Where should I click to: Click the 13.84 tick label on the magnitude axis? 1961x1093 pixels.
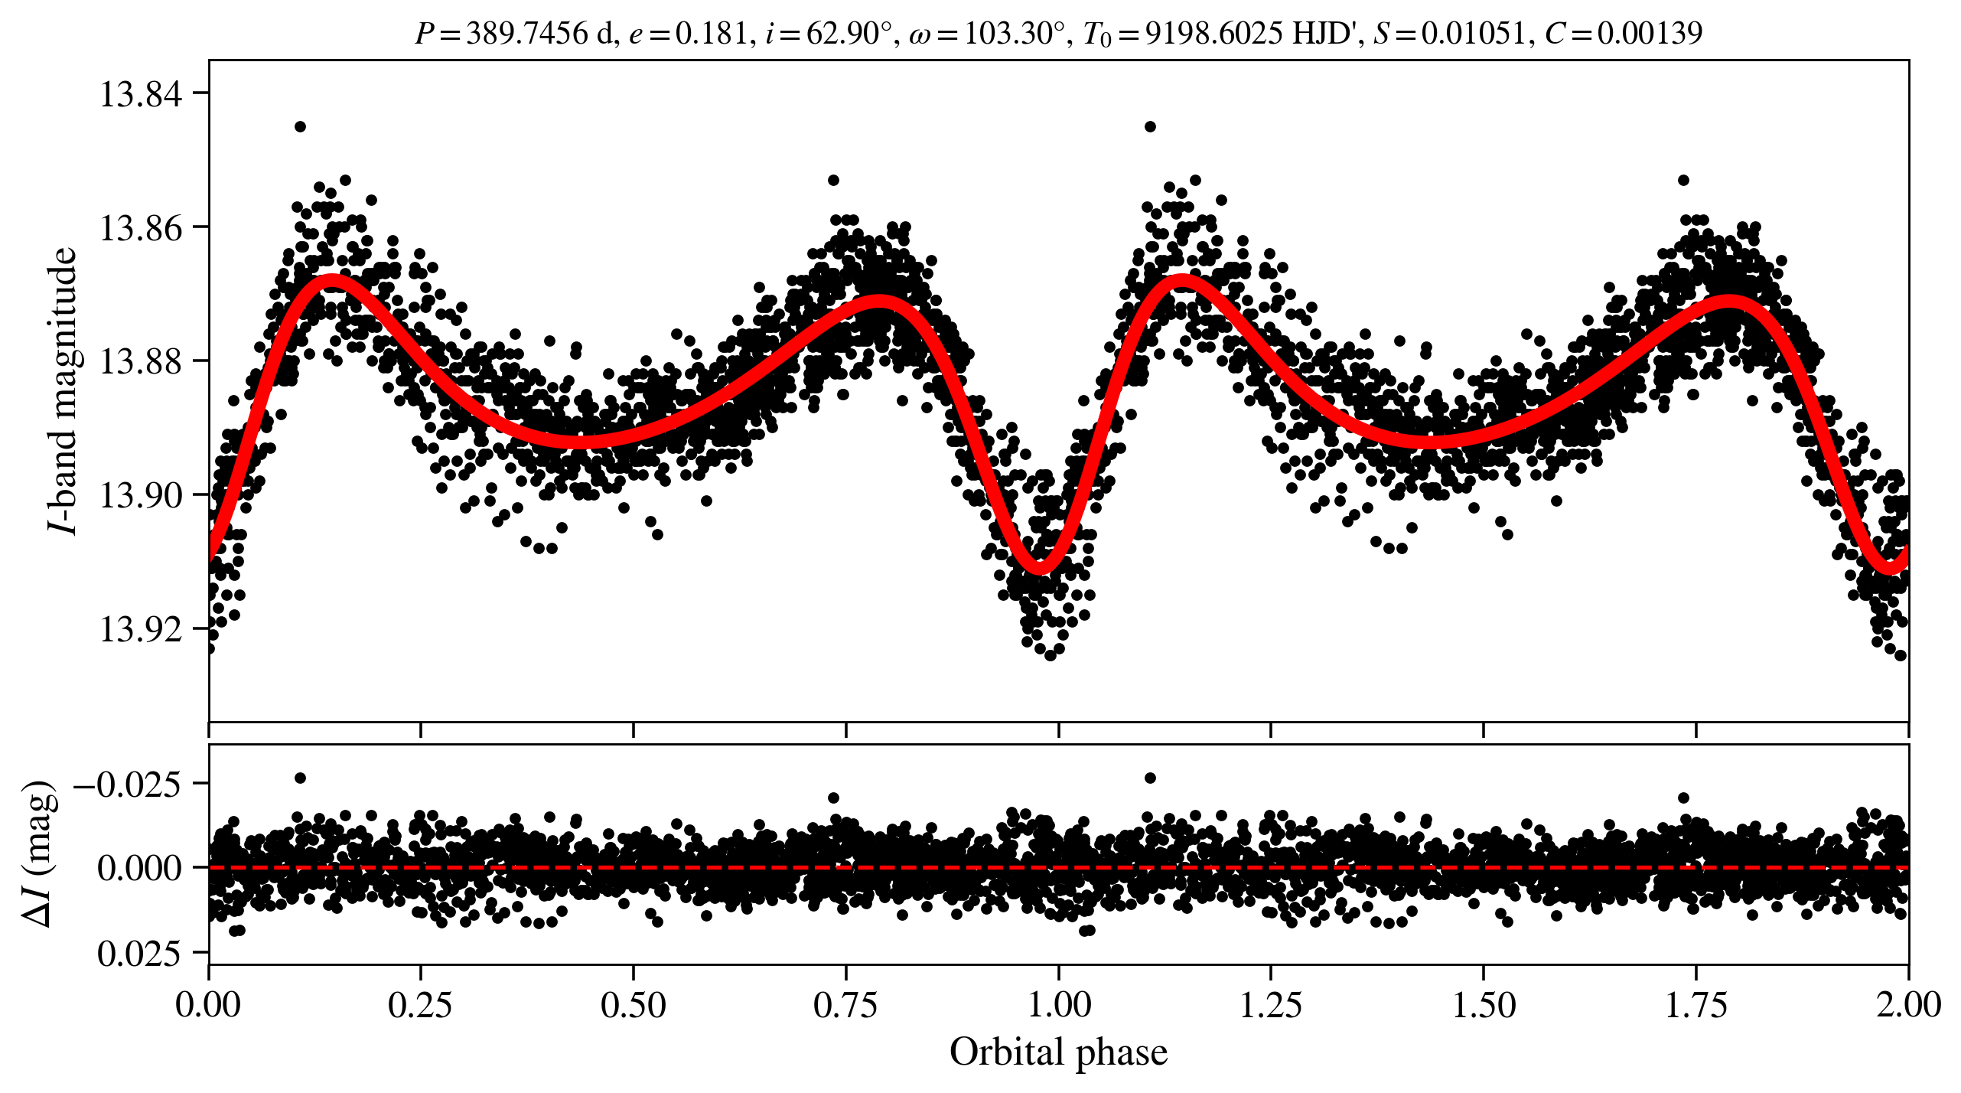pyautogui.click(x=141, y=94)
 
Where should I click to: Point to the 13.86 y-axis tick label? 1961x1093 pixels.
pyautogui.click(x=141, y=228)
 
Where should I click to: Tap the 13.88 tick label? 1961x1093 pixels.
pyautogui.click(x=141, y=361)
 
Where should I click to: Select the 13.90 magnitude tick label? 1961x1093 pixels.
pyautogui.click(x=141, y=495)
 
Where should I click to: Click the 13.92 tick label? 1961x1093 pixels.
pyautogui.click(x=141, y=629)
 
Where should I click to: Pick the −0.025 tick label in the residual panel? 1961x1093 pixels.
pyautogui.click(x=127, y=784)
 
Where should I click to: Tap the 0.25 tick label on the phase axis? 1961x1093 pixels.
pyautogui.click(x=420, y=1005)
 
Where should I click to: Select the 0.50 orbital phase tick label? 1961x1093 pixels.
pyautogui.click(x=633, y=1005)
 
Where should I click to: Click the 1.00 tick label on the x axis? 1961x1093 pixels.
pyautogui.click(x=1058, y=1005)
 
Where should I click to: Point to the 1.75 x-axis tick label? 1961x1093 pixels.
pyautogui.click(x=1696, y=1005)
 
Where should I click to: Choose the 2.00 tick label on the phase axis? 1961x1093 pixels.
pyautogui.click(x=1908, y=1005)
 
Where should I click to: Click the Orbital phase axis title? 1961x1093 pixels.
pyautogui.click(x=1058, y=1052)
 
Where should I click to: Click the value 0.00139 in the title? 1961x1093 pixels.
pyautogui.click(x=1650, y=34)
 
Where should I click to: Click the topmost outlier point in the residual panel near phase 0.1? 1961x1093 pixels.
pyautogui.click(x=300, y=778)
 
